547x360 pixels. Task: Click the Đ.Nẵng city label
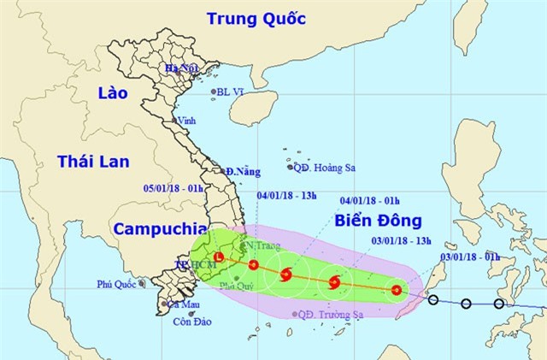(x=243, y=172)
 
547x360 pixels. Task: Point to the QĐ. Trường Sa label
(x=337, y=314)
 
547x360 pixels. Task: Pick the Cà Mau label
(x=184, y=304)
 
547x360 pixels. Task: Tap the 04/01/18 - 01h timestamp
(x=367, y=201)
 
